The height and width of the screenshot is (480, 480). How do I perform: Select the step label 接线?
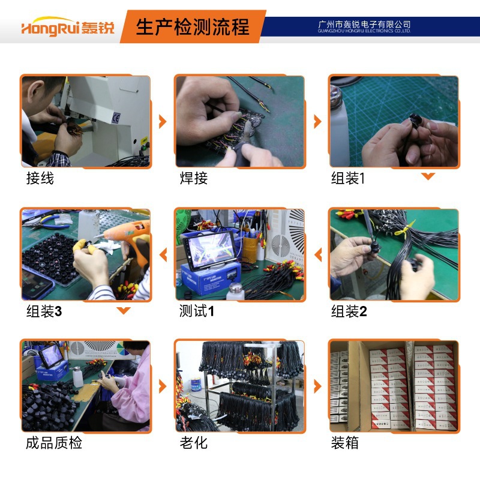click(x=40, y=178)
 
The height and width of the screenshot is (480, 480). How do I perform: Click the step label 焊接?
click(x=194, y=178)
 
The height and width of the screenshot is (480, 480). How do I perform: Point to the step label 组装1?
click(x=348, y=178)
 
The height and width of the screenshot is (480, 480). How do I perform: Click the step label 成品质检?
click(x=54, y=443)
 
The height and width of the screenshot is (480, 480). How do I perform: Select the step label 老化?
click(x=194, y=443)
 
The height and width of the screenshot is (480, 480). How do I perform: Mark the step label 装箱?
click(x=345, y=443)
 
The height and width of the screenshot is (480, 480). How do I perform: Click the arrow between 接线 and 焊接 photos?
click(x=162, y=122)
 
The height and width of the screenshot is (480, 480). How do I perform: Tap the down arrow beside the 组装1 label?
click(x=428, y=176)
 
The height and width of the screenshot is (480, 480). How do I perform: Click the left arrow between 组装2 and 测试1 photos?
click(x=317, y=256)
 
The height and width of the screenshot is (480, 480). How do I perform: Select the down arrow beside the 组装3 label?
click(x=124, y=310)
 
